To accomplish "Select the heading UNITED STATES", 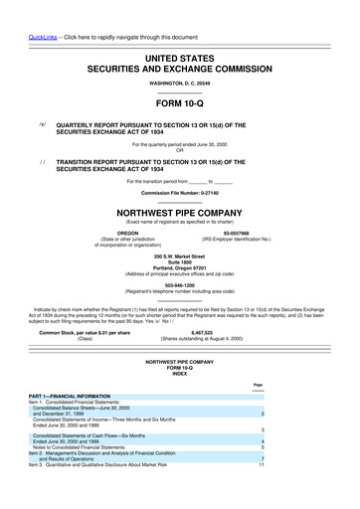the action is [x=180, y=61].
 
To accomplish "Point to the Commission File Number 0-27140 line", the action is [x=180, y=191].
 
